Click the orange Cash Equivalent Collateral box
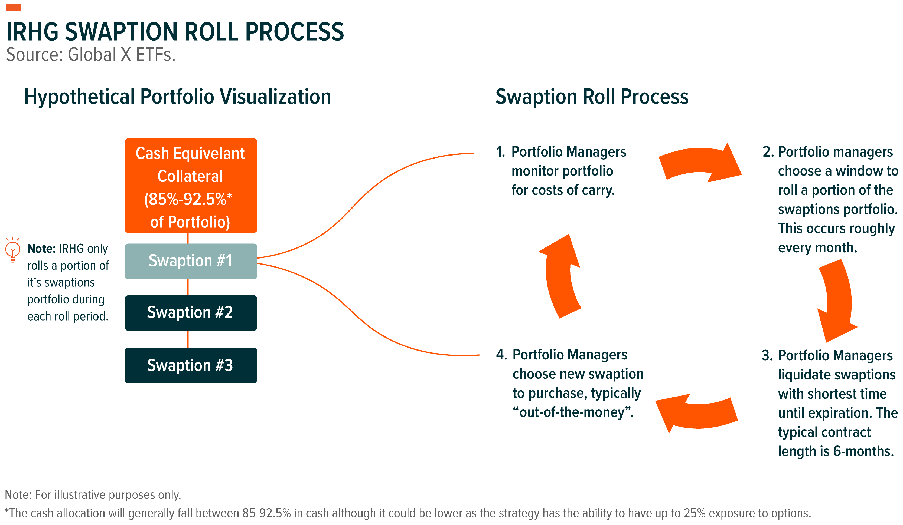[191, 185]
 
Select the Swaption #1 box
[191, 261]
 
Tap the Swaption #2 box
[191, 313]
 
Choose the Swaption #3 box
[191, 365]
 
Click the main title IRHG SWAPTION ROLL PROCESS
[175, 32]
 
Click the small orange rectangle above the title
[14, 8]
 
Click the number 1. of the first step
[501, 152]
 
